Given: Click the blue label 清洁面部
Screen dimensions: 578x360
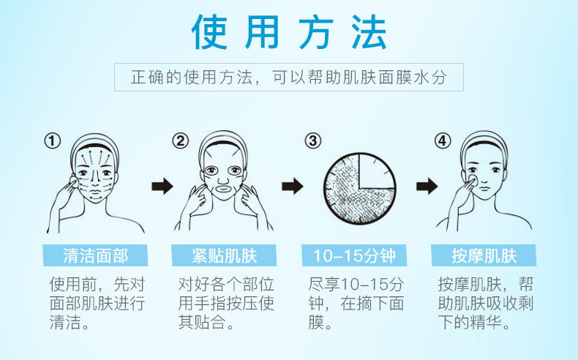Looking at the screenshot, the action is point(96,255).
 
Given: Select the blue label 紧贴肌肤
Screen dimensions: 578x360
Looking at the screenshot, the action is point(225,255).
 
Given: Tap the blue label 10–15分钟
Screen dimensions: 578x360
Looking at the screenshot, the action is point(355,255).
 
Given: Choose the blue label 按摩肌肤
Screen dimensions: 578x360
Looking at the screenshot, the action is point(484,255).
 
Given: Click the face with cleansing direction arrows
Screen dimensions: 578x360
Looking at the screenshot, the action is point(94,173).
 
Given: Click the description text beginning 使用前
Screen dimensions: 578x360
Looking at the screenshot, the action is point(95,302).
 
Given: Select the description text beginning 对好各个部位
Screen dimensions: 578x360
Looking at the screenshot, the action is point(225,302).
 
